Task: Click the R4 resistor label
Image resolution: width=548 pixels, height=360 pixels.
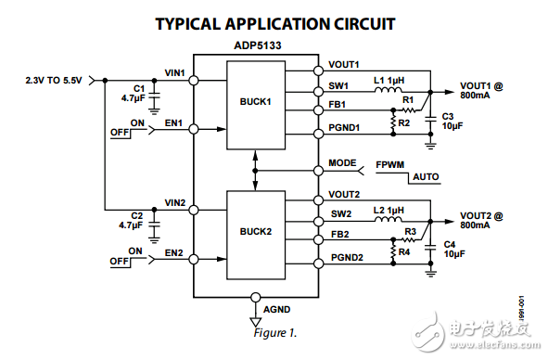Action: click(x=405, y=251)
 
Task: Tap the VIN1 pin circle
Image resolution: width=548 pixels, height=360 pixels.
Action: click(x=193, y=81)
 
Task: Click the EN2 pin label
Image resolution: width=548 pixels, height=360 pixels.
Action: click(x=173, y=252)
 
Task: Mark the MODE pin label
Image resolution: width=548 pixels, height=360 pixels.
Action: click(x=342, y=163)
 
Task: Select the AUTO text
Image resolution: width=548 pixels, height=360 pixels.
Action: click(x=426, y=175)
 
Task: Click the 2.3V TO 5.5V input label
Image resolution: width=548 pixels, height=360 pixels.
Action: click(x=54, y=81)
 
